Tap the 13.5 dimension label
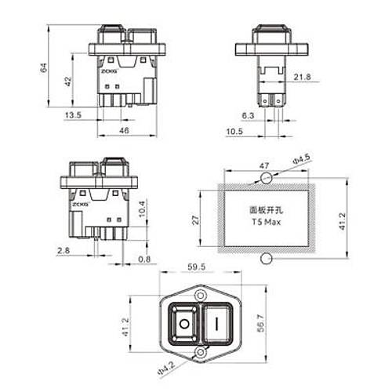coord(73,115)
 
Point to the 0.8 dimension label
coord(143,259)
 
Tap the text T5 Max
coord(263,221)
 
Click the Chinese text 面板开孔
coord(264,211)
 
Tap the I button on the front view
coord(216,323)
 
